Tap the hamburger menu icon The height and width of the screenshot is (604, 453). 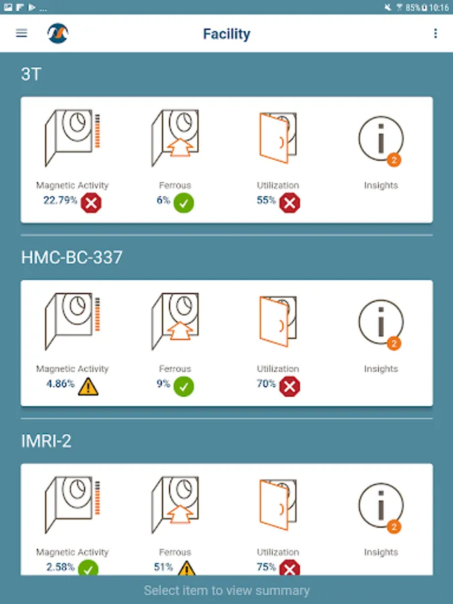pyautogui.click(x=21, y=34)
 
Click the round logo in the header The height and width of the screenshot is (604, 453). pyautogui.click(x=58, y=33)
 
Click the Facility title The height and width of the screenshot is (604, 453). pyautogui.click(x=227, y=34)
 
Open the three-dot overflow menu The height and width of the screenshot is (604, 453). pyautogui.click(x=436, y=34)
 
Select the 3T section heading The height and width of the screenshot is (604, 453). pyautogui.click(x=31, y=74)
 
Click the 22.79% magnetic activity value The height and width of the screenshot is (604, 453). pyautogui.click(x=60, y=200)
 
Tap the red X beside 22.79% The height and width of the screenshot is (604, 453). pyautogui.click(x=91, y=203)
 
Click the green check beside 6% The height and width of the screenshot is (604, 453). pyautogui.click(x=184, y=203)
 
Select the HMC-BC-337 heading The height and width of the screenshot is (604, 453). pyautogui.click(x=72, y=257)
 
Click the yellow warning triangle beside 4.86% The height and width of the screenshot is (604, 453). pyautogui.click(x=88, y=387)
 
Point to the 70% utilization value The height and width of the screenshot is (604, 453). pyautogui.click(x=266, y=384)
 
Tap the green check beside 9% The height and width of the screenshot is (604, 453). pyautogui.click(x=184, y=387)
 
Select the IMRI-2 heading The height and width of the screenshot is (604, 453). pyautogui.click(x=46, y=441)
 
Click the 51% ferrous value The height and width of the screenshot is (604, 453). pyautogui.click(x=163, y=567)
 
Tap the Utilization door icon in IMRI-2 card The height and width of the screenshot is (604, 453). pyautogui.click(x=278, y=505)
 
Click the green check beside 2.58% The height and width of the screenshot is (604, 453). pyautogui.click(x=88, y=568)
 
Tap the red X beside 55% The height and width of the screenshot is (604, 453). pyautogui.click(x=290, y=203)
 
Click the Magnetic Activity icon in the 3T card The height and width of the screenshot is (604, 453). pyautogui.click(x=72, y=138)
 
